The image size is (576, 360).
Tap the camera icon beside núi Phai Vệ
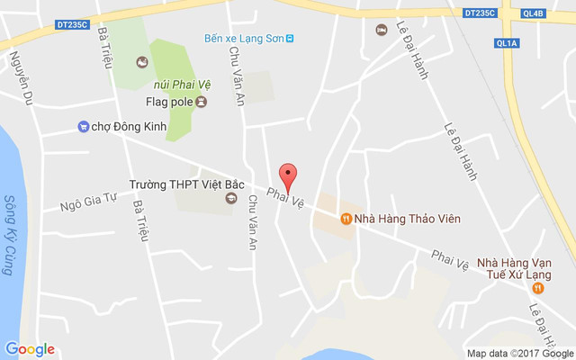(141, 62)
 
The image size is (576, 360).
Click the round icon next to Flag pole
(202, 102)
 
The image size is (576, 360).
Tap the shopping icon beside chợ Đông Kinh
(84, 127)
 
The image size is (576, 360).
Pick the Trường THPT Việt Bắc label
(174, 184)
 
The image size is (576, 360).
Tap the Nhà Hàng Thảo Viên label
(400, 218)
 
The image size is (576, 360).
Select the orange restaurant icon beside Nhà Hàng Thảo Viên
(346, 218)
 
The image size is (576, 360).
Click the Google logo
(30, 349)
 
